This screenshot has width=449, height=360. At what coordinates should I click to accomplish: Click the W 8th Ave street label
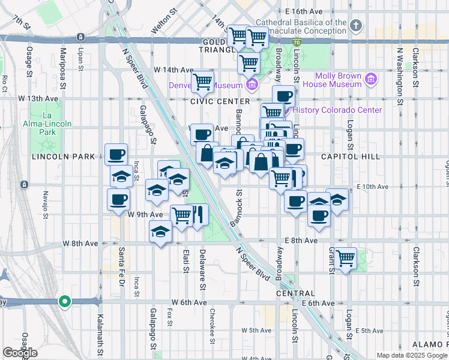(x=80, y=244)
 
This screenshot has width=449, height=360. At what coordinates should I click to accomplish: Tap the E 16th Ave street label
(x=304, y=11)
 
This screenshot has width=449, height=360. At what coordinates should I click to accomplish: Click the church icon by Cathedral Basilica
(x=357, y=25)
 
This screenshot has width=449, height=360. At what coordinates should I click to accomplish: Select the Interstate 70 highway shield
(x=297, y=43)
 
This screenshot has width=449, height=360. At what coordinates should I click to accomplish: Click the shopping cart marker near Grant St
(x=345, y=259)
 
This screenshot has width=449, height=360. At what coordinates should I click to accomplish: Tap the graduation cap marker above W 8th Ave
(x=160, y=231)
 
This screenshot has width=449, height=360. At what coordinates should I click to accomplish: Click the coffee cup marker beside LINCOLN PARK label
(x=116, y=154)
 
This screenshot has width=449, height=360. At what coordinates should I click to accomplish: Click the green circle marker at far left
(x=65, y=301)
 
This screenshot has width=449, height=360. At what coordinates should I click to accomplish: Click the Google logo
(x=20, y=352)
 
